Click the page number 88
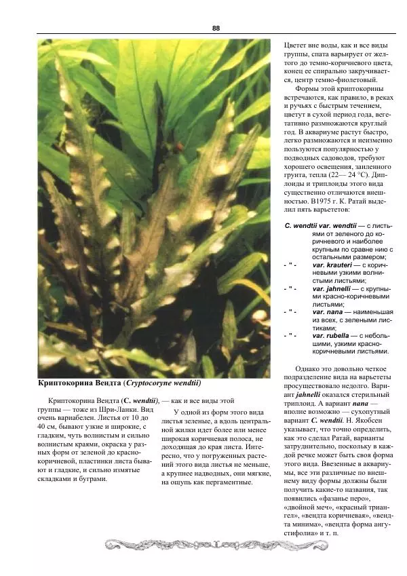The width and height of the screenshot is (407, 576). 216,28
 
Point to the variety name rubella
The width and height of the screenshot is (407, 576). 331,335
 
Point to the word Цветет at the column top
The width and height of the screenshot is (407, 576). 295,44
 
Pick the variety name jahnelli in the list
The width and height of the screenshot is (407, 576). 328,288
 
